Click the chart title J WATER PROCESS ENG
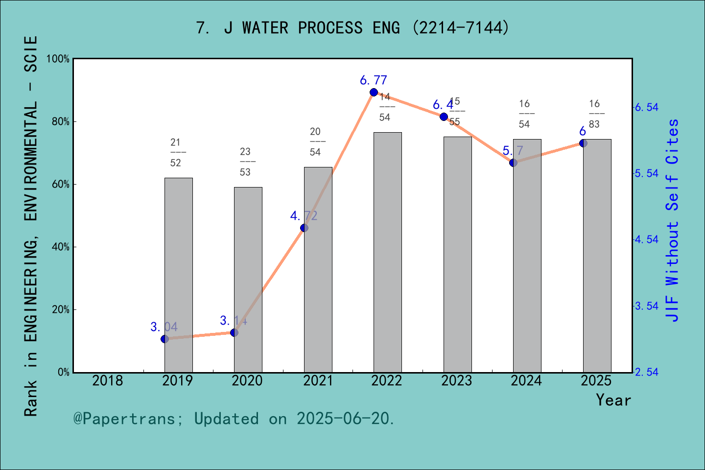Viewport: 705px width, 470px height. [x=352, y=28]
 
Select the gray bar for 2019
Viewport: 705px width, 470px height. [x=178, y=274]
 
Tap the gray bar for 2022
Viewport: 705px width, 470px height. [x=387, y=252]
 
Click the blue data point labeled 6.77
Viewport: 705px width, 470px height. [x=374, y=93]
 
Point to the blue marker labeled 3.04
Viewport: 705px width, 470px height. [x=164, y=339]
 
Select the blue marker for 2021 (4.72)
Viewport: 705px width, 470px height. [x=304, y=228]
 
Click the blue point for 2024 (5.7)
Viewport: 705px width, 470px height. [x=513, y=163]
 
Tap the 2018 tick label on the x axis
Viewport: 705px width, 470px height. [x=108, y=381]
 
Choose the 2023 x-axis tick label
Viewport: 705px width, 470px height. [x=456, y=381]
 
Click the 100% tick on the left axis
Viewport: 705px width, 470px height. [x=58, y=59]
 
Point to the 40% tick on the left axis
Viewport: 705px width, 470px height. [x=60, y=247]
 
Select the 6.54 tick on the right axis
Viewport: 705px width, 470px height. [x=647, y=107]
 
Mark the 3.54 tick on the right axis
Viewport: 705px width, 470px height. [x=647, y=306]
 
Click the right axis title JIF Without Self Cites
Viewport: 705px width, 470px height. [x=673, y=220]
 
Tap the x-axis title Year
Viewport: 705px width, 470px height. [x=613, y=400]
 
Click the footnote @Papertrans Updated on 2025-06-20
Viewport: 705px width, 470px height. [x=234, y=419]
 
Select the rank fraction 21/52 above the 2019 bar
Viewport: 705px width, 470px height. [x=176, y=152]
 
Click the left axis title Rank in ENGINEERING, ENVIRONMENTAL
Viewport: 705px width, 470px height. [x=30, y=225]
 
